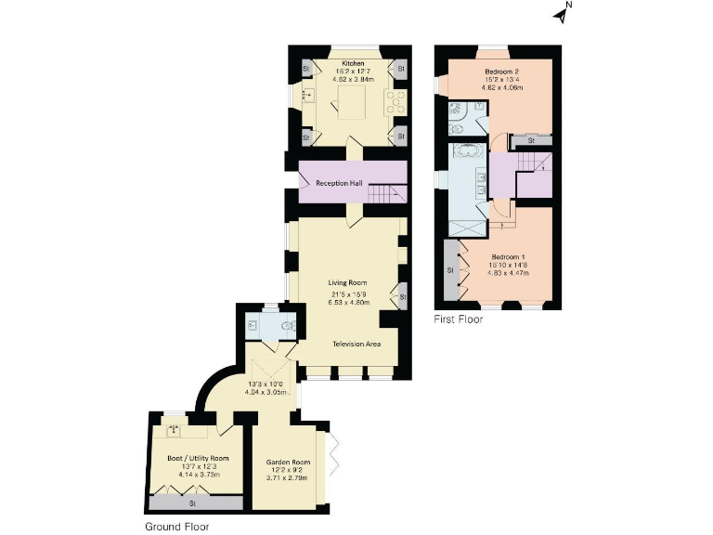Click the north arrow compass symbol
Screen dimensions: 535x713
pyautogui.click(x=561, y=12)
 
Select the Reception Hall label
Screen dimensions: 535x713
pyautogui.click(x=339, y=183)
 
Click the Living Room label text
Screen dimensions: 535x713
pyautogui.click(x=348, y=282)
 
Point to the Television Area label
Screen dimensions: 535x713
pyautogui.click(x=357, y=344)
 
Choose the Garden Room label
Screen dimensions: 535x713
pyautogui.click(x=284, y=461)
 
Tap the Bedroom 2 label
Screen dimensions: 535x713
pyautogui.click(x=501, y=72)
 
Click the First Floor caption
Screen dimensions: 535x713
pyautogui.click(x=459, y=320)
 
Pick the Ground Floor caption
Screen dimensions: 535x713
pyautogui.click(x=176, y=526)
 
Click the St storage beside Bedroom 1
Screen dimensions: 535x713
pyautogui.click(x=450, y=270)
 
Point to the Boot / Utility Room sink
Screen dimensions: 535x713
pyautogui.click(x=174, y=431)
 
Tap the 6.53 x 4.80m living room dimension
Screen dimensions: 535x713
pyautogui.click(x=348, y=303)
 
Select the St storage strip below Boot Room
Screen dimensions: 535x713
pyautogui.click(x=194, y=502)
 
